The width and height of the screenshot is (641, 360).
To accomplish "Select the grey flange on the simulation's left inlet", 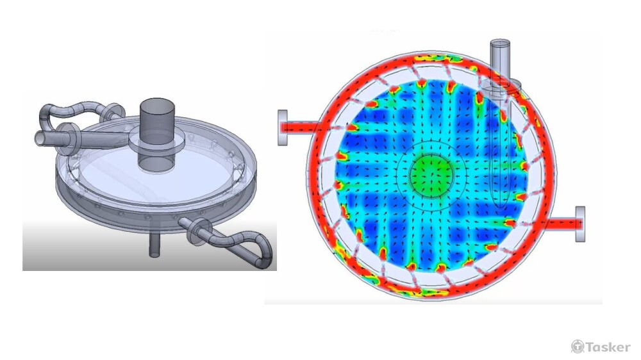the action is pos(283,127).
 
